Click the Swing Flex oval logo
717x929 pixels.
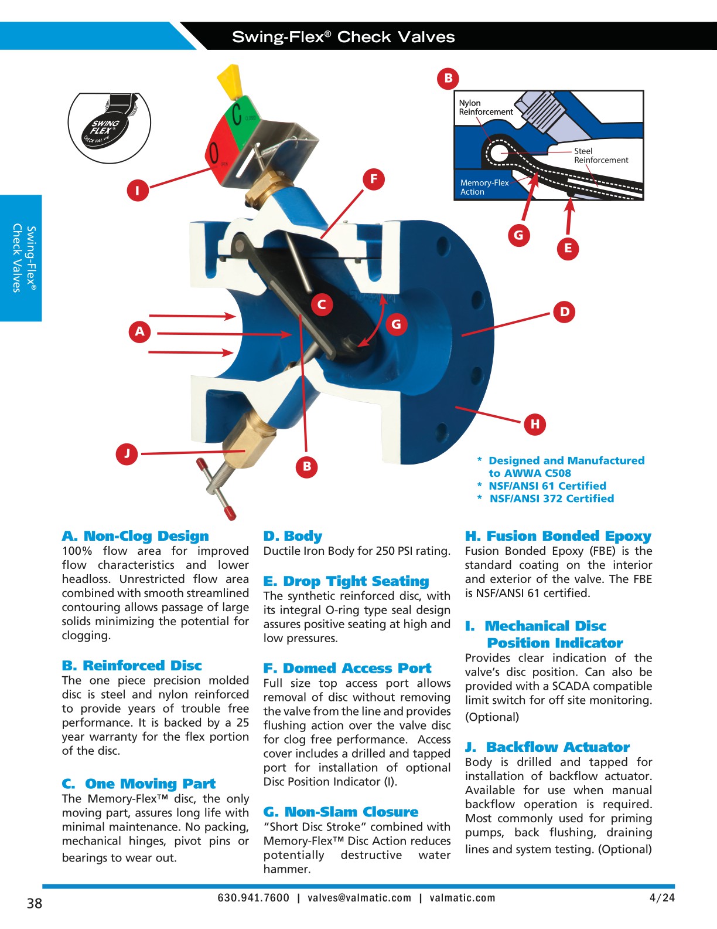(109, 127)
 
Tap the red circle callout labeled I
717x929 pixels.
(138, 190)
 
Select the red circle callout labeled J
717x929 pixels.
(127, 453)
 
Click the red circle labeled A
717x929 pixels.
(139, 331)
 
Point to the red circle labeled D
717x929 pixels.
(564, 311)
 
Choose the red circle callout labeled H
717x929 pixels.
(535, 423)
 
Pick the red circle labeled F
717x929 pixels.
(373, 179)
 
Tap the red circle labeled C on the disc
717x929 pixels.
(321, 304)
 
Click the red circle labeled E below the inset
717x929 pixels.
(568, 248)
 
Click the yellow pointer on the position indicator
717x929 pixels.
(230, 83)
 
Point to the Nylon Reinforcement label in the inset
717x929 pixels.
(485, 107)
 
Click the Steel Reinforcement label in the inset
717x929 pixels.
(600, 155)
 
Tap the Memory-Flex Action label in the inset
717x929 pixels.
(484, 187)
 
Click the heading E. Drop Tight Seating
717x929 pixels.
(346, 581)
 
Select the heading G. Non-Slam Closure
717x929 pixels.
(341, 812)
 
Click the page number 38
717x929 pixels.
(35, 903)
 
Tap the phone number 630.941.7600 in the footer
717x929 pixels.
(253, 898)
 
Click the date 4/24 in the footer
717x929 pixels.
(662, 898)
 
